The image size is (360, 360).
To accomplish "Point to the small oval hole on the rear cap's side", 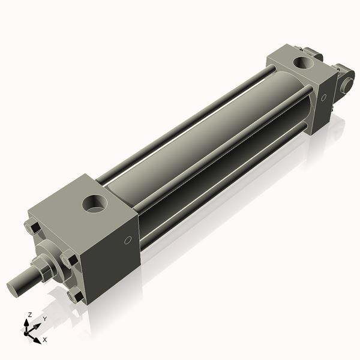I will pos(324,97).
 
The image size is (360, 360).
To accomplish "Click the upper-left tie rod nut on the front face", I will pos(32,228).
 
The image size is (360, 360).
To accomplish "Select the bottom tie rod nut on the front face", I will pos(76,296).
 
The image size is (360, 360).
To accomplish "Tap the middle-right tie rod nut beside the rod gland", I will pos(70,261).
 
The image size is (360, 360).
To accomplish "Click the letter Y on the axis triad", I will pos(44,319).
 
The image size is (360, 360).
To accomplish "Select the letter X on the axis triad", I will pos(44,340).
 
